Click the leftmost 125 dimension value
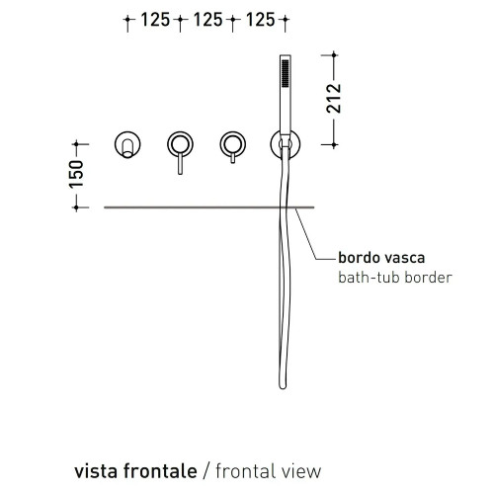point(155,20)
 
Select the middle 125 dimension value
point(207,20)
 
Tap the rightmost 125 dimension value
point(260,20)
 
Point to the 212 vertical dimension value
point(334,99)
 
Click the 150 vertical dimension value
point(76,174)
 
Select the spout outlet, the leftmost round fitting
point(127,144)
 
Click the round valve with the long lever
point(180,144)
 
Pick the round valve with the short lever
point(233,144)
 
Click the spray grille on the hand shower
point(286,73)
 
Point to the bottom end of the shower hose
point(283,387)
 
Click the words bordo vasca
point(381,258)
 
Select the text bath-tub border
point(395,278)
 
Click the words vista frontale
point(135,471)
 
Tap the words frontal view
point(269,471)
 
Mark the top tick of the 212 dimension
point(334,55)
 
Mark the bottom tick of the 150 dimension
point(76,207)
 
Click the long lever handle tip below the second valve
point(180,173)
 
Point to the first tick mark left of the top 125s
point(127,20)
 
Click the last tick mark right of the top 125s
point(286,20)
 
